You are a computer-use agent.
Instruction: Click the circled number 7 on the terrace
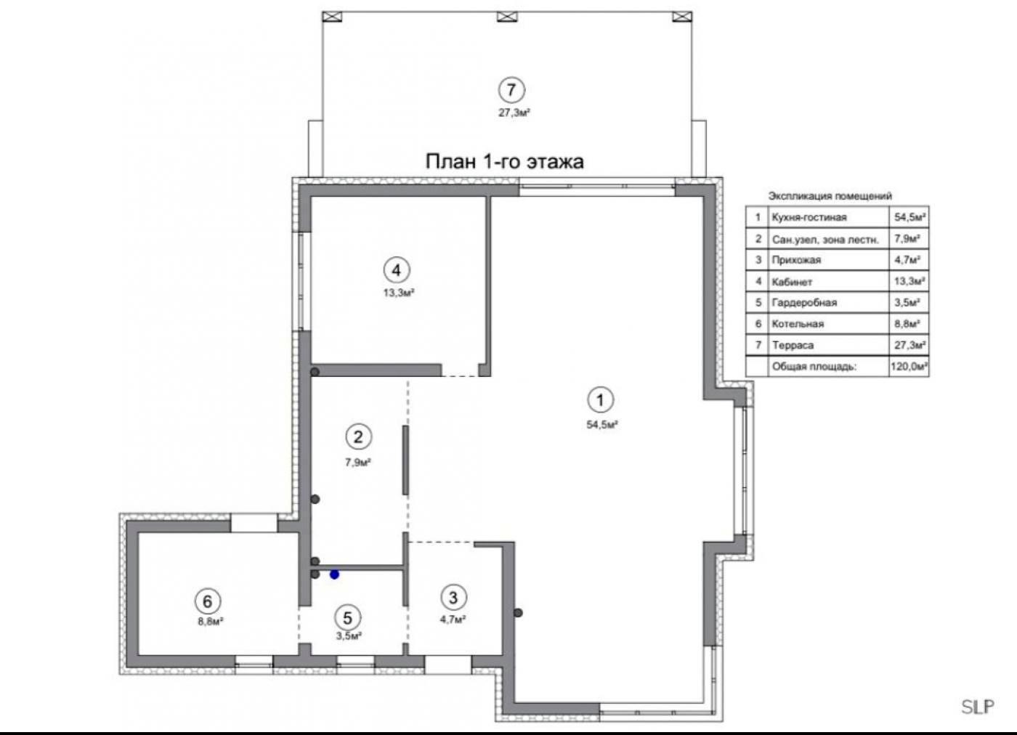511,90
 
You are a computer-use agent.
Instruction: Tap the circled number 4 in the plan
397,271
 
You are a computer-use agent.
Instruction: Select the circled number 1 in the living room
601,400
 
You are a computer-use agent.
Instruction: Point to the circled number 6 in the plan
208,601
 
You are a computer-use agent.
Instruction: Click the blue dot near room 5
335,574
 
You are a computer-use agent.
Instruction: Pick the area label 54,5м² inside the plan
602,425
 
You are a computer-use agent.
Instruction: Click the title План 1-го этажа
504,162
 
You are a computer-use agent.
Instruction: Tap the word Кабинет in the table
792,282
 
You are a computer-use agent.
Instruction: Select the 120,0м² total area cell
909,366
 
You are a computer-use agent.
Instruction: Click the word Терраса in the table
793,345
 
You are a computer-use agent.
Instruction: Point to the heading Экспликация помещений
830,196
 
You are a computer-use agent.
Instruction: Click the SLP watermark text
978,707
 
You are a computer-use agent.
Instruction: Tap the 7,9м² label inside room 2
358,463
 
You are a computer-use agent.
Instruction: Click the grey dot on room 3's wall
518,613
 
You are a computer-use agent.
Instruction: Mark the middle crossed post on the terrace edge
507,17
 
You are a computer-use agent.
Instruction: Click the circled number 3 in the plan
453,598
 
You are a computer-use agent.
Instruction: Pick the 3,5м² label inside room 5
349,636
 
